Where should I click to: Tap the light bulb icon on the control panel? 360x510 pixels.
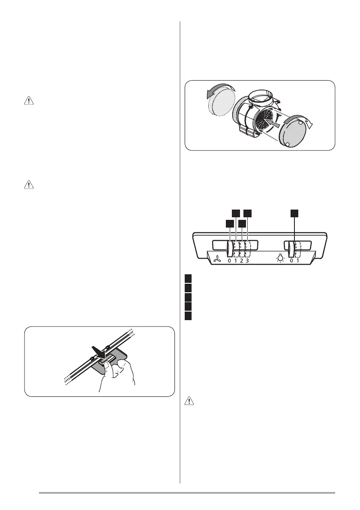281,259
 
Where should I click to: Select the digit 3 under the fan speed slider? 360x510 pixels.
248,261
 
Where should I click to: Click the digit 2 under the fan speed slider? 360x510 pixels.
242,261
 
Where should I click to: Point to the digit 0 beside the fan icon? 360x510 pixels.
229,261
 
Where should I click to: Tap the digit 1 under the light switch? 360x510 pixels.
297,261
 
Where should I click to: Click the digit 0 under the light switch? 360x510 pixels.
291,261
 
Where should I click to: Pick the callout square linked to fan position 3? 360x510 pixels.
248,213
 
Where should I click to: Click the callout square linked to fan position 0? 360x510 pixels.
230,223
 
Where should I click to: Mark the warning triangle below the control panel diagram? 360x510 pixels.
189,402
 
